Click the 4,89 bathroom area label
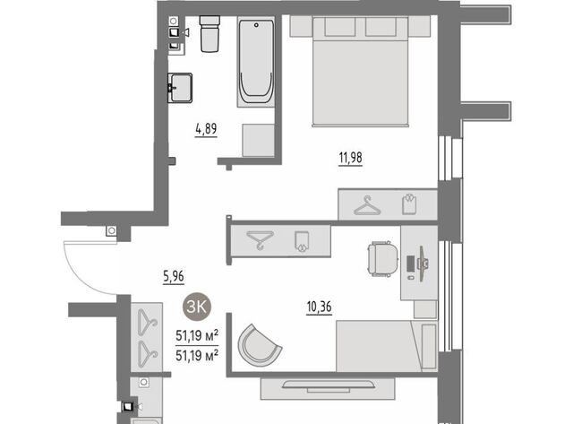[206, 129]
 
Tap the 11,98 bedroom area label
[350, 158]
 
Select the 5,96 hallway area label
[174, 276]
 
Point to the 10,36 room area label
[319, 307]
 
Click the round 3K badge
[197, 307]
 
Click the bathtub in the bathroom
[256, 62]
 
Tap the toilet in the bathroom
[210, 34]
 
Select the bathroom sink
[180, 88]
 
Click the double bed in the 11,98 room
[360, 72]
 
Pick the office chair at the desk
[382, 259]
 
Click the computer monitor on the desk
[422, 264]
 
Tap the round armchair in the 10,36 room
[259, 343]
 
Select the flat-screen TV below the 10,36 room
[328, 385]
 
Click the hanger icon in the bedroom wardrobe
[367, 205]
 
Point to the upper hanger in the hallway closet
[147, 323]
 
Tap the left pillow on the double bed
[340, 27]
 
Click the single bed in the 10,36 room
[386, 346]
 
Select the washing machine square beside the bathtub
[259, 141]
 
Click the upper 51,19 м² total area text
[197, 335]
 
